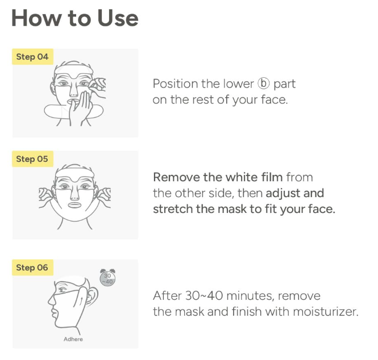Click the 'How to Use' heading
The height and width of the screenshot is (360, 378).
click(x=74, y=18)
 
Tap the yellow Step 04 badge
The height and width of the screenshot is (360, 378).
click(x=32, y=57)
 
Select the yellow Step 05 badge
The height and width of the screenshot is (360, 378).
click(x=32, y=159)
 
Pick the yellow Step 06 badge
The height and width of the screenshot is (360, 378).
click(x=32, y=267)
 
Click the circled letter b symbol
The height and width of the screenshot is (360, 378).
click(x=263, y=84)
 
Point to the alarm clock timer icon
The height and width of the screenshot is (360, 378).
click(x=107, y=278)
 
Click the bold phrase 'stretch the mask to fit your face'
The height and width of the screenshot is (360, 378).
click(x=244, y=209)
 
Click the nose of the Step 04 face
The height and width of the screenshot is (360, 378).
click(x=73, y=91)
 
